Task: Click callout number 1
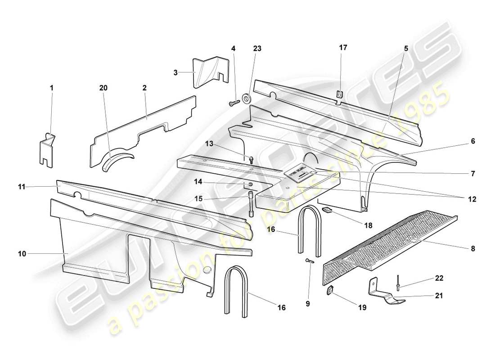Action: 51,88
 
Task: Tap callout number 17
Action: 343,48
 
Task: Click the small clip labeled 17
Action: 340,94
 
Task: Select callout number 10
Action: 22,254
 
